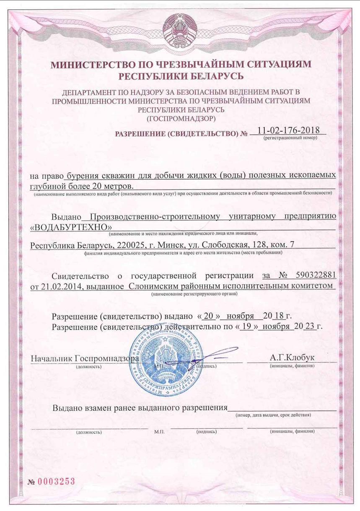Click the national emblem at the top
179,32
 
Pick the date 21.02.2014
61,286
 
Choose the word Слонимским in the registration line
151,286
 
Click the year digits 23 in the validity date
309,326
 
